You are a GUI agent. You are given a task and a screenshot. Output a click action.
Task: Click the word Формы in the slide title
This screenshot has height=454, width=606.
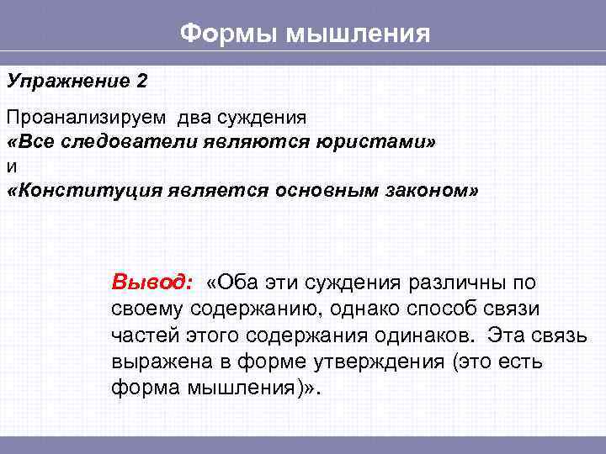(x=228, y=34)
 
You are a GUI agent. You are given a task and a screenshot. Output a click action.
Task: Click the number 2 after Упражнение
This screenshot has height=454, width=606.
(x=141, y=81)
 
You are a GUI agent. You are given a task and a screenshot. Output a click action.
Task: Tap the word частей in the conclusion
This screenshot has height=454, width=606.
(x=138, y=335)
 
